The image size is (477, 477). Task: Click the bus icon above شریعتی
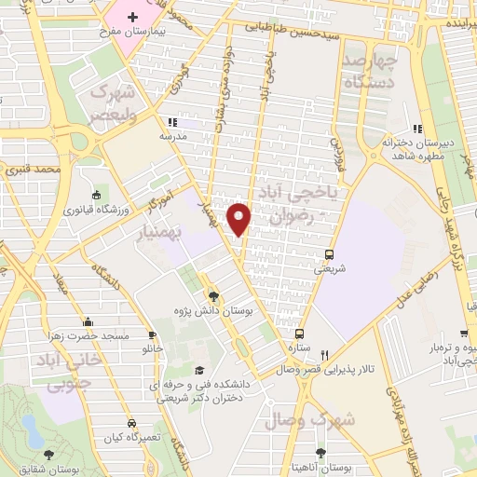[x=329, y=253]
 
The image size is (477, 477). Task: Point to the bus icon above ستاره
[x=299, y=333]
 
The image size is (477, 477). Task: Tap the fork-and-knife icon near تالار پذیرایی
[x=324, y=355]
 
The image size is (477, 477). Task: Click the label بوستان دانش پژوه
[x=213, y=308]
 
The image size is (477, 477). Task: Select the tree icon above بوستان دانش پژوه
[x=213, y=293]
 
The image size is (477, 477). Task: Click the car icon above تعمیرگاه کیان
[x=131, y=422]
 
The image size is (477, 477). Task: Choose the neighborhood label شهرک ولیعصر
[x=113, y=104]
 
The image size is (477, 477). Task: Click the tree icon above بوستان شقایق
[x=48, y=454]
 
